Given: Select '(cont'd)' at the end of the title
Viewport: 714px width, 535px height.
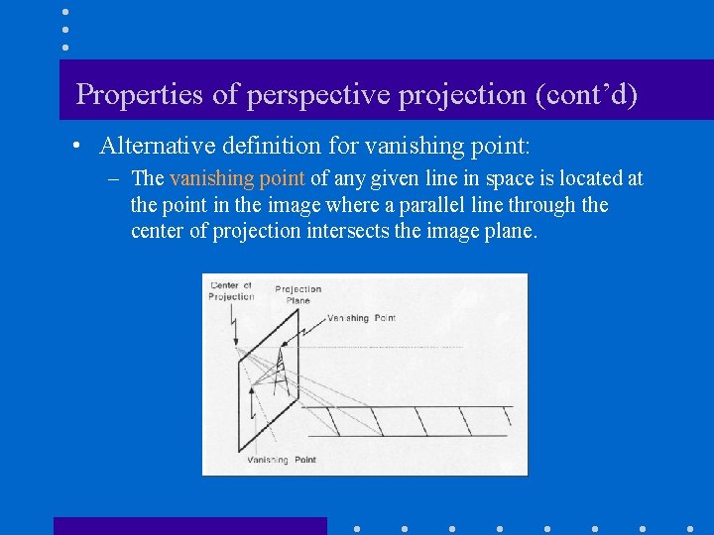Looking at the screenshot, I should (x=586, y=95).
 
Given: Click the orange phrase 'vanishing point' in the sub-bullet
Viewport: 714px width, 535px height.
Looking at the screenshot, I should (x=237, y=179).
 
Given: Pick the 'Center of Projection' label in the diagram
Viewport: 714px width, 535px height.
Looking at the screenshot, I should (x=230, y=291).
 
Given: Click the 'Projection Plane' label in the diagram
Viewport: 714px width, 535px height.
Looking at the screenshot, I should (x=297, y=294).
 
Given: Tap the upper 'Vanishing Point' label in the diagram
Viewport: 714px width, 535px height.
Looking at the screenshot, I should (x=361, y=318).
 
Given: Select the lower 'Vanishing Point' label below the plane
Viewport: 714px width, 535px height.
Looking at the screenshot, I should (x=281, y=460).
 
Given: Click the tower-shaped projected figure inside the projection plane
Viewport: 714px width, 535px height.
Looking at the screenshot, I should (x=283, y=370).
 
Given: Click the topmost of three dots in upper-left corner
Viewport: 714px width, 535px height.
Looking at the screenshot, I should (x=64, y=12).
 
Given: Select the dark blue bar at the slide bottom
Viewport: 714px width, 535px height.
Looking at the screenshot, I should (x=189, y=526).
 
